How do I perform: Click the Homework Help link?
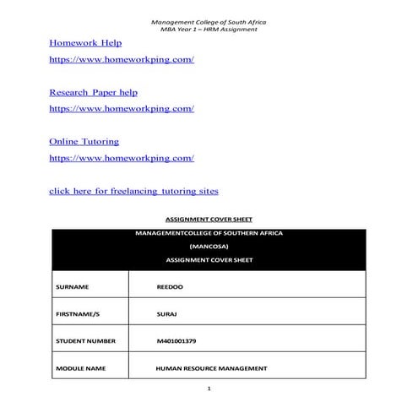point(85,42)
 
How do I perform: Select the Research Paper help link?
point(93,91)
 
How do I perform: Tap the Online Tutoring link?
point(84,141)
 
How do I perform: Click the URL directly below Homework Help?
point(122,60)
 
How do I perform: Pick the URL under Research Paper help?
point(122,109)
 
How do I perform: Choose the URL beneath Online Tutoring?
point(122,158)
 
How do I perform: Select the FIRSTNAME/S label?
point(77,314)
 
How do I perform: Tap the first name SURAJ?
point(166,314)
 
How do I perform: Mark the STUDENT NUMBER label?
point(84,341)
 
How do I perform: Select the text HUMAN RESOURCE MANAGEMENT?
point(211,368)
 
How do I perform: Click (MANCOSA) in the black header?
point(209,245)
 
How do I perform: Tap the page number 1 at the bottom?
point(209,389)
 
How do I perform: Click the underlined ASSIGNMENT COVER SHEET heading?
point(208,219)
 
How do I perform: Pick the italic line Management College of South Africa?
point(209,21)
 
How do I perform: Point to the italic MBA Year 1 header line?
point(209,30)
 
